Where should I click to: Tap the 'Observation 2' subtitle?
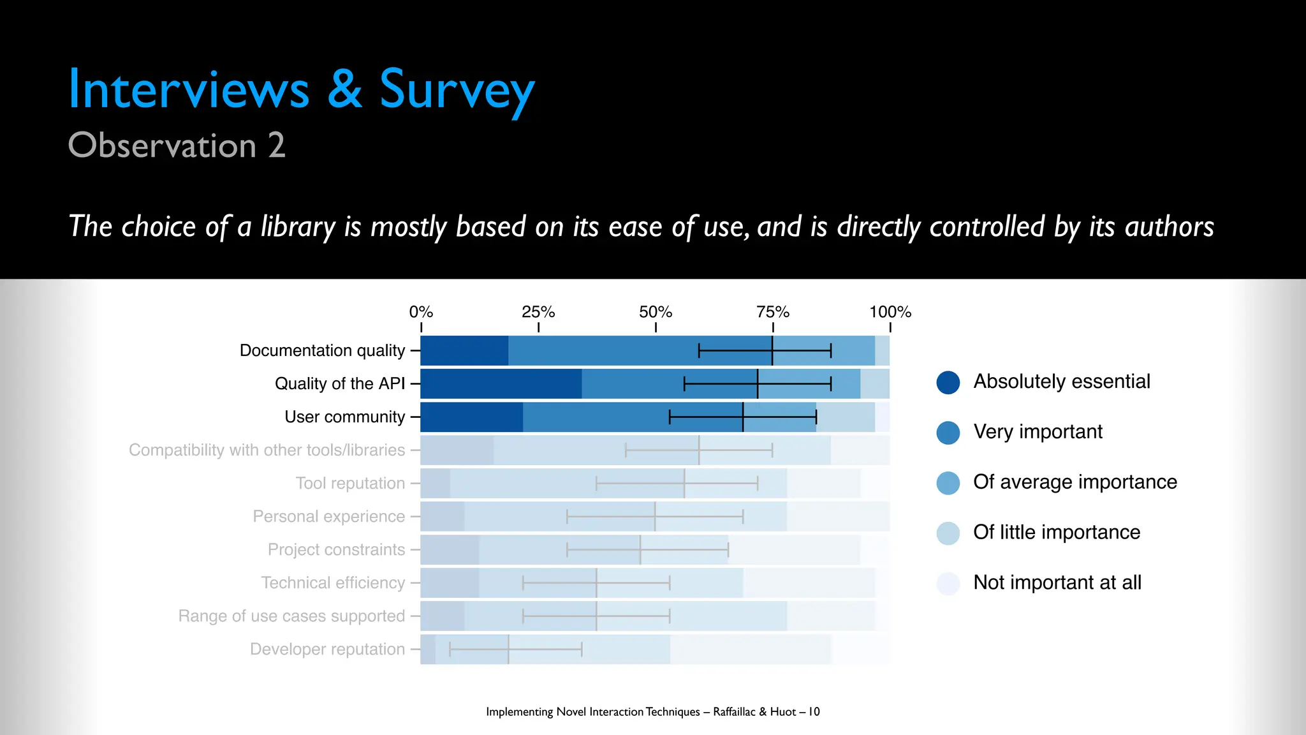177,145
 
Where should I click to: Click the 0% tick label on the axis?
421,312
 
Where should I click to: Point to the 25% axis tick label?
538,312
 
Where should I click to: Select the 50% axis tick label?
656,312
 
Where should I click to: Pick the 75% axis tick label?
773,312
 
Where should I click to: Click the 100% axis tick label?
890,312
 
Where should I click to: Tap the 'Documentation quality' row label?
322,350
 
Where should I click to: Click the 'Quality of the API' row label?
340,383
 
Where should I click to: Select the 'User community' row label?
344,417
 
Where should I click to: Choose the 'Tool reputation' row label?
350,483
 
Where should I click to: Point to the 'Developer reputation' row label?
327,649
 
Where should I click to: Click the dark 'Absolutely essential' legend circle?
948,382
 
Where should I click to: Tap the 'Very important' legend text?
1038,432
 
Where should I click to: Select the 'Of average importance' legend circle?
948,483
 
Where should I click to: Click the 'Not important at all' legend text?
1057,583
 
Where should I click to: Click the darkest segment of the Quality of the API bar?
501,383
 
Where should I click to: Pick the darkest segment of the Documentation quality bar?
464,350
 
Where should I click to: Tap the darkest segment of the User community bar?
472,417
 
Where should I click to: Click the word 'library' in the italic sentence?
297,227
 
